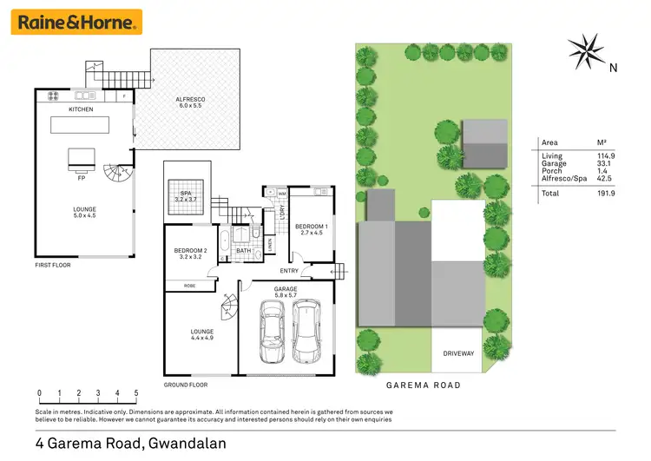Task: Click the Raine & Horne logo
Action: coord(76,23)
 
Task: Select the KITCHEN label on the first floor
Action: coord(81,110)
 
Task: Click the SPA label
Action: coord(185,193)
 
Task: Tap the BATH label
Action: coord(245,252)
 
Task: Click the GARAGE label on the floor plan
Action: coord(285,288)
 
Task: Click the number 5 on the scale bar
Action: coord(136,392)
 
